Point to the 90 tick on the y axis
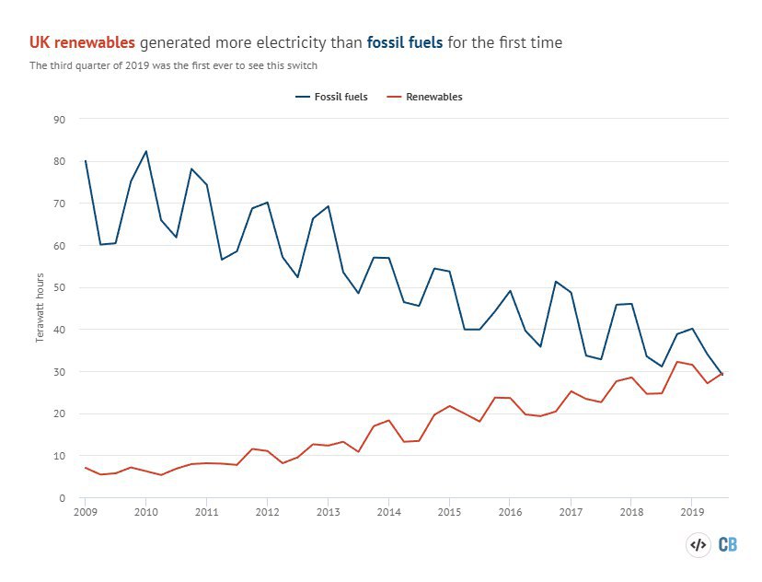pos(60,119)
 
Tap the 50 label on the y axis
pos(60,287)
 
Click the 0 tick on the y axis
pos(63,498)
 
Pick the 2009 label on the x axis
pos(85,511)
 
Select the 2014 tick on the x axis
pos(388,511)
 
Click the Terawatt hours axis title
pos(40,308)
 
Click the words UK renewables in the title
pos(82,42)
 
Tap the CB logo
pos(727,544)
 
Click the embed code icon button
pos(698,544)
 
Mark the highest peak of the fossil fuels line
pos(145,151)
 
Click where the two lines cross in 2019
pos(721,373)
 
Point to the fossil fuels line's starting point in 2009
pos(85,161)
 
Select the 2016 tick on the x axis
pos(510,511)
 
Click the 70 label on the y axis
pos(60,204)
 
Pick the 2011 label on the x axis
pos(206,511)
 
